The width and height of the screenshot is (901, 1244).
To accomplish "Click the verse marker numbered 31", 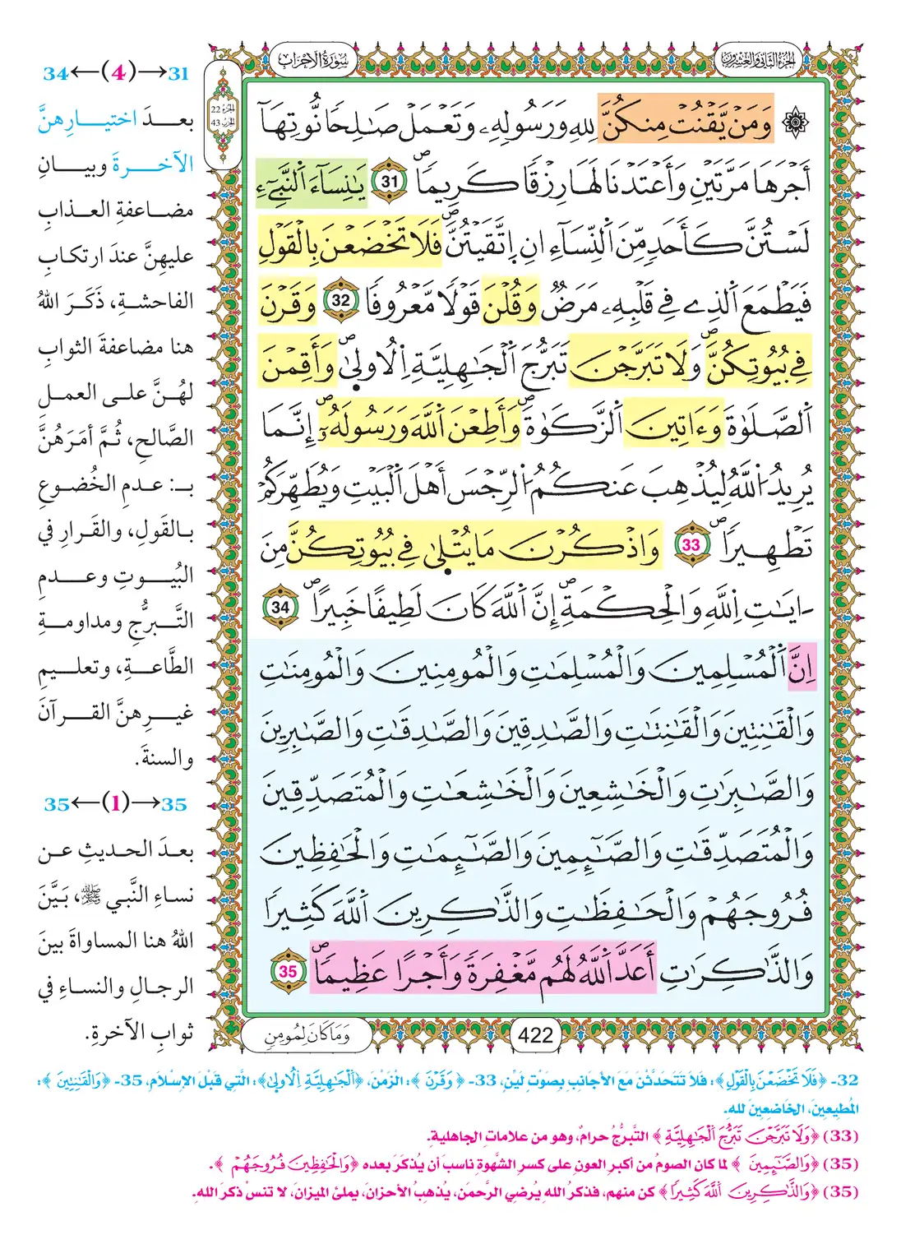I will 389,180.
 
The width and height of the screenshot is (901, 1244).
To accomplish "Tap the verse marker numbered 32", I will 340,301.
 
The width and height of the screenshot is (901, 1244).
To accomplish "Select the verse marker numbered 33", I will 691,544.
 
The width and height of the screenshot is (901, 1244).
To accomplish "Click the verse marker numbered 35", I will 287,971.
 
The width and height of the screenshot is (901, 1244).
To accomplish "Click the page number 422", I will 535,1035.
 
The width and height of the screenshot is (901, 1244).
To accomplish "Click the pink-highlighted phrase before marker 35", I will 483,971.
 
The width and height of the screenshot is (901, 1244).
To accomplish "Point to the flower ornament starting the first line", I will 796,123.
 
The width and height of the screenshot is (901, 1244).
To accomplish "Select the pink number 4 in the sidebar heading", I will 118,72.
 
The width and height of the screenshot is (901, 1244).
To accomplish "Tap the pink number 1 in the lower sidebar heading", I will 116,803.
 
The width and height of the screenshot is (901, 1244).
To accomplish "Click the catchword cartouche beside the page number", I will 307,1035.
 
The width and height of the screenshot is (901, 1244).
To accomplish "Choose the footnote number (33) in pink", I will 840,1135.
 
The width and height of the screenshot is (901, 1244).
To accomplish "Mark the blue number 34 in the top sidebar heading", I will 55,73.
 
